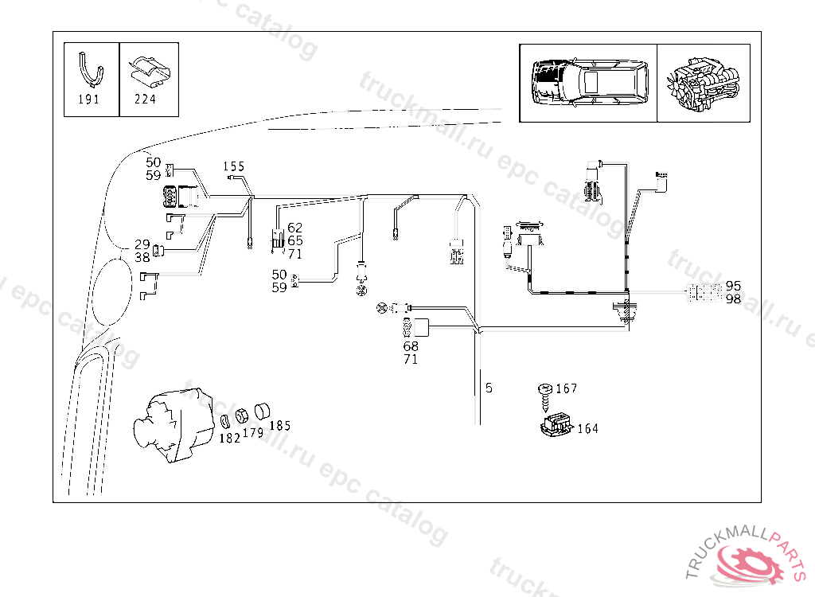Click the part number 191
89,99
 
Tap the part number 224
145,99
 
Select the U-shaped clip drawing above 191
91,68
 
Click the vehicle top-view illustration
587,81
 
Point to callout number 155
233,166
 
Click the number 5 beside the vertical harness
489,388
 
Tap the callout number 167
567,388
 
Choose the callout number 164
587,428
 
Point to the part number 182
229,438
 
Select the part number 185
279,425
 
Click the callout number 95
733,286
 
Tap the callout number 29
142,244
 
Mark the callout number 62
294,228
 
